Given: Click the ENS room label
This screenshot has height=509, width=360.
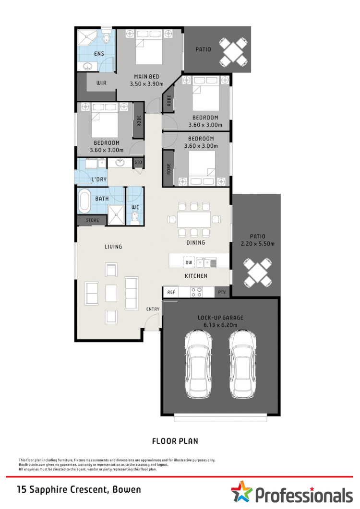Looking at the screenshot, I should (99, 53).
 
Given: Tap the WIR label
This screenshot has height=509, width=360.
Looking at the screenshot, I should (101, 83).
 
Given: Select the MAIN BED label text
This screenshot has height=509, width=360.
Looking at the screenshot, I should (146, 77).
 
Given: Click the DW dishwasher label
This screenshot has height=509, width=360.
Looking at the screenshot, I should (188, 262).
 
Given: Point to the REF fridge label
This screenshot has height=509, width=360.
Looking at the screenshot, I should (170, 292).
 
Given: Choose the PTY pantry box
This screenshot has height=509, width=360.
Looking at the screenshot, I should (222, 292).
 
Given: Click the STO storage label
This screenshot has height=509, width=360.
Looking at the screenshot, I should (138, 163).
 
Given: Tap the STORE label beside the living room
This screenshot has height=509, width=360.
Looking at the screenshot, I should (92, 221).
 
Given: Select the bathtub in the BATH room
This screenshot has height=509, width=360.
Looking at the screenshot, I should (85, 201).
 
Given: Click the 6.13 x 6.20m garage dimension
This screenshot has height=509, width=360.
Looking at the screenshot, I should (220, 325).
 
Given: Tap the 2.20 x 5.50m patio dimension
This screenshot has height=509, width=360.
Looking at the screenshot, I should (257, 243).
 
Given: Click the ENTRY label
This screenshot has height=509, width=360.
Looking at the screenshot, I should (153, 309).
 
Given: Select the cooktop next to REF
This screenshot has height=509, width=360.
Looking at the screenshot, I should (196, 292).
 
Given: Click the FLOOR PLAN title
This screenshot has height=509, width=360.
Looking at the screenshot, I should (175, 441).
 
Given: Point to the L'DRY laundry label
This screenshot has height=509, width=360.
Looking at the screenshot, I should (99, 180).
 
